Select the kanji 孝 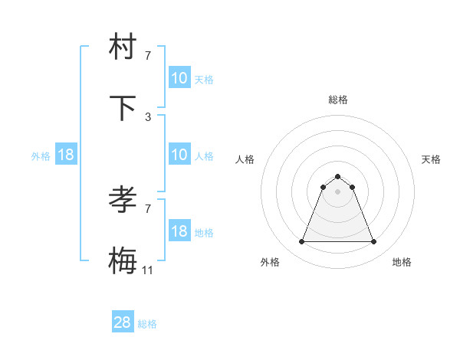pos(123,200)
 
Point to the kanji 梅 pos(123,261)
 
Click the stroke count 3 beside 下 pos(148,116)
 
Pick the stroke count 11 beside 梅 pos(149,270)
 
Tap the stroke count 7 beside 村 pos(148,55)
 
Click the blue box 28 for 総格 pos(123,322)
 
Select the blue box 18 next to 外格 pos(66,155)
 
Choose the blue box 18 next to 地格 pos(179,231)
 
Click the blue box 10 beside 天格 pos(179,78)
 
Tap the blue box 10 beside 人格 pos(179,155)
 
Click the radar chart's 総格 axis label pos(338,100)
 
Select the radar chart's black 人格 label pos(245,159)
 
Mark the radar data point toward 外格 pos(301,242)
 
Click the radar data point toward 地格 pos(374,242)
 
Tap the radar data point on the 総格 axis pos(338,176)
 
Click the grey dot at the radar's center pos(338,191)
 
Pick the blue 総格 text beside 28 pos(148,324)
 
